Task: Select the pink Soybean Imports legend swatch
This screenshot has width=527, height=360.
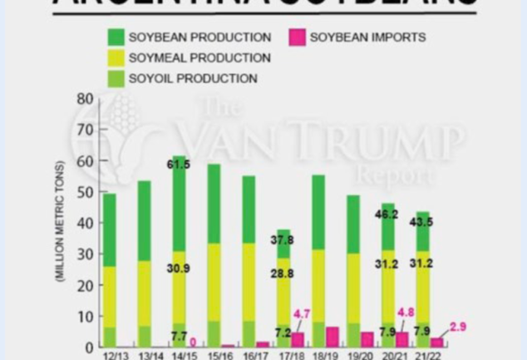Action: point(296,37)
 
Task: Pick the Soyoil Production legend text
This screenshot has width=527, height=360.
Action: point(193,79)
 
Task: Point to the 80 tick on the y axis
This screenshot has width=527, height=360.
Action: point(84,99)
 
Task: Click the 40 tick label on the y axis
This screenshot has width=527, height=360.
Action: point(84,223)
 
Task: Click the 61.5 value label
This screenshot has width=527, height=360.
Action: point(179,165)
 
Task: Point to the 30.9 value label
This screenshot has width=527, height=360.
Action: point(179,269)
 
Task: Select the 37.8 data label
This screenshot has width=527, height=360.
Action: point(283,240)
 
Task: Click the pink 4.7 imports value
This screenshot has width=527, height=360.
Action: point(302,314)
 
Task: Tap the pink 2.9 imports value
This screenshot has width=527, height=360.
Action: point(458,327)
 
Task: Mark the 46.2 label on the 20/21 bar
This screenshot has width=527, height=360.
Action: point(388,214)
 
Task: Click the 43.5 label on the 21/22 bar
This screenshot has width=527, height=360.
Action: point(423,222)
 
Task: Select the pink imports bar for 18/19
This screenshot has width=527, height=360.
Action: point(332,337)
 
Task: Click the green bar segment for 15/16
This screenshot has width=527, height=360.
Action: point(214,204)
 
